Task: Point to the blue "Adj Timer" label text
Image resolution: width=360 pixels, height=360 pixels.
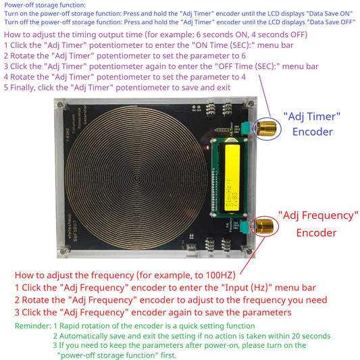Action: [x=313, y=115]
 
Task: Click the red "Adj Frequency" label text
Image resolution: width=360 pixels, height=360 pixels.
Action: [x=317, y=215]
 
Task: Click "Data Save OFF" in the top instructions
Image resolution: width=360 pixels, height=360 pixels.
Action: [x=329, y=22]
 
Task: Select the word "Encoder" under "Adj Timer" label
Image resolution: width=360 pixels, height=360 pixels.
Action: [x=313, y=132]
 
